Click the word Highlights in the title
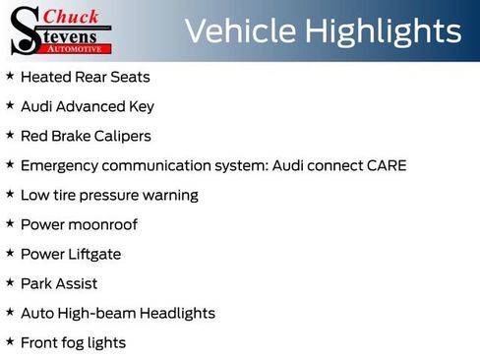point(383,31)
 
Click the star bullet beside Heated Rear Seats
point(10,76)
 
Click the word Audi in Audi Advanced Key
point(36,106)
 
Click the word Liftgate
point(94,254)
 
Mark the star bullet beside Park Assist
point(10,282)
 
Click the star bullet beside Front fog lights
point(10,341)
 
